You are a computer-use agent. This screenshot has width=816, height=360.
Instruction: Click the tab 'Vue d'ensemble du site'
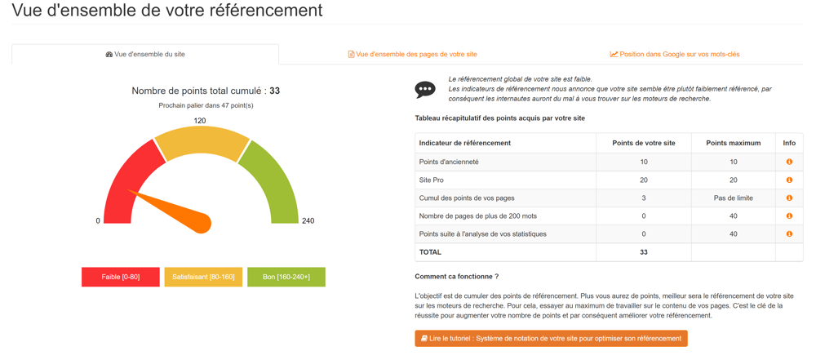(x=145, y=55)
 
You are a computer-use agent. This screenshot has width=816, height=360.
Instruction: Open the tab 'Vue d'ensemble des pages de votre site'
(x=412, y=55)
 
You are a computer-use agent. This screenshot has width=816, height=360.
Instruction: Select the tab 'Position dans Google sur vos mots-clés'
(x=675, y=55)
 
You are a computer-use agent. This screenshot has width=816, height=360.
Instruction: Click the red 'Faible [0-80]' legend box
(x=121, y=278)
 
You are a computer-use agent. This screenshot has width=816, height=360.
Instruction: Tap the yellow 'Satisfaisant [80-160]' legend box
(x=203, y=278)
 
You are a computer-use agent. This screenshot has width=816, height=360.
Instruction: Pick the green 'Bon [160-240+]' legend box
(x=286, y=278)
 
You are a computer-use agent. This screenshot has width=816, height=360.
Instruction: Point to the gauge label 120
(x=200, y=121)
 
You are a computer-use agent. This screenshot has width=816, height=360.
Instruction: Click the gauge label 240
(x=308, y=221)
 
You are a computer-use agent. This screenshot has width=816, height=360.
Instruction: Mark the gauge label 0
(x=98, y=221)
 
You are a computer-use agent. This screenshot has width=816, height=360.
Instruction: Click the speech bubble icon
(x=425, y=89)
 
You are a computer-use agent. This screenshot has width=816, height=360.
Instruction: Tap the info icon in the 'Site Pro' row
(x=789, y=180)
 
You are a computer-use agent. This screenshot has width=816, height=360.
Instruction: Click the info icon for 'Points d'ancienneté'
(x=789, y=162)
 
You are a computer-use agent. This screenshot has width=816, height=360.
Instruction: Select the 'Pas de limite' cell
(x=733, y=198)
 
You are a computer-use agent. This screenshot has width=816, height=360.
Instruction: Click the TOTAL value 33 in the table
(x=644, y=252)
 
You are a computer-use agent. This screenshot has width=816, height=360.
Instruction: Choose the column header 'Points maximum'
(x=733, y=144)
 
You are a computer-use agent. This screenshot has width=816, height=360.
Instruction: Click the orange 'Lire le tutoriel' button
(x=551, y=339)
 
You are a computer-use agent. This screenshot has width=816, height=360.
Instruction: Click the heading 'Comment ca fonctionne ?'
(x=456, y=277)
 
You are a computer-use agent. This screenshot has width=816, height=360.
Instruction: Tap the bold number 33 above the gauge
(x=274, y=91)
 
